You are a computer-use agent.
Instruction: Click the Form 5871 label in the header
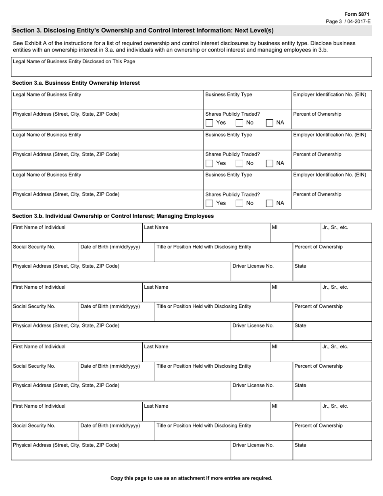[x=356, y=14]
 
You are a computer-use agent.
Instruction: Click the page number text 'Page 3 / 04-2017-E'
[x=348, y=21]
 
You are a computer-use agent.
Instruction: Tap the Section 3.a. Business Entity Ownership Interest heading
[x=76, y=83]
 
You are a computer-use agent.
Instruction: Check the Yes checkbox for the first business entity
[x=209, y=123]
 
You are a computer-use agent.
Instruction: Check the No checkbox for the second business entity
[x=239, y=163]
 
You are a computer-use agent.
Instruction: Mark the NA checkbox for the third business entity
[x=270, y=203]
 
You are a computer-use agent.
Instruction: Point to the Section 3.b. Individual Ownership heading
[x=113, y=216]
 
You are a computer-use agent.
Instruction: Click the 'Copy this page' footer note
[x=191, y=478]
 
